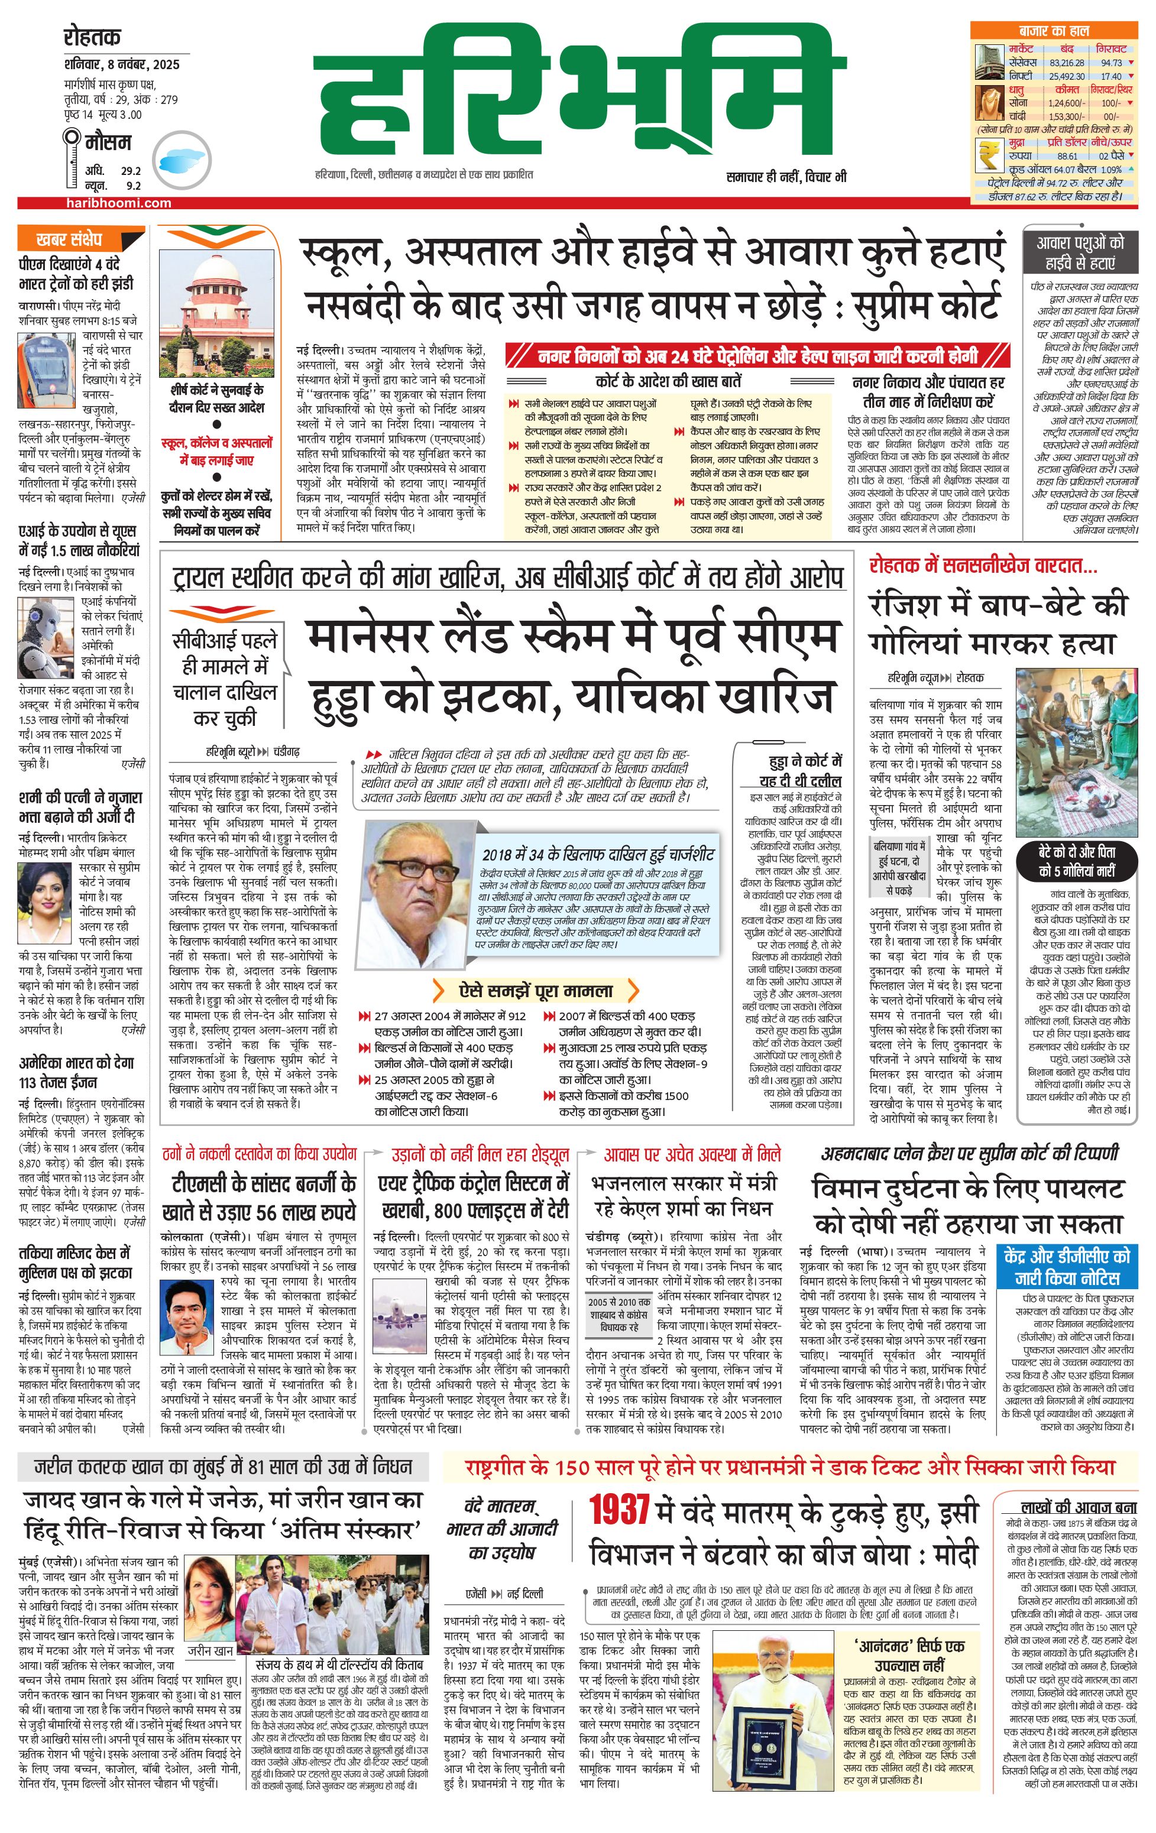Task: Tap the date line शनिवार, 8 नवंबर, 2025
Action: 122,64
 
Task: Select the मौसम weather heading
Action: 108,142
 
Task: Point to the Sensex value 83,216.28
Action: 1066,63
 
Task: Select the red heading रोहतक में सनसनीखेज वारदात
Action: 983,566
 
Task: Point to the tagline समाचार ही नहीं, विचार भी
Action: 786,177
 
